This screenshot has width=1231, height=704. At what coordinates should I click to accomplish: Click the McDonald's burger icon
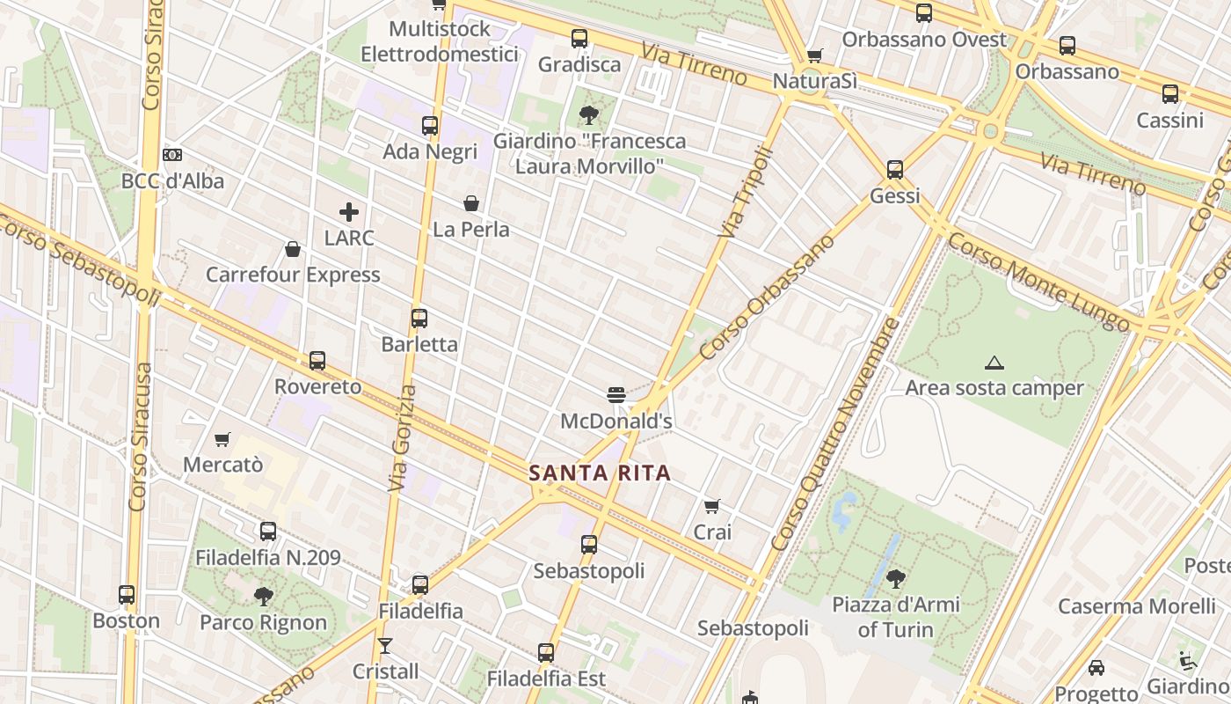(615, 394)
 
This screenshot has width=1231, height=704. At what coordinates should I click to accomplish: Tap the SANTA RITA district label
(600, 473)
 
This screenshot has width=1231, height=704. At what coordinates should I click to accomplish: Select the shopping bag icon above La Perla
(471, 203)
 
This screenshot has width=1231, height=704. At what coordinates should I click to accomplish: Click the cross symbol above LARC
(349, 211)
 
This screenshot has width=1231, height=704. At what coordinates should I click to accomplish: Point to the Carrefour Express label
(293, 275)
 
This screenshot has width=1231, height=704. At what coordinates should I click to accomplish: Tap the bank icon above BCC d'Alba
(172, 155)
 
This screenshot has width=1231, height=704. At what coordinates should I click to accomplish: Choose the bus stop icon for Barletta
(419, 318)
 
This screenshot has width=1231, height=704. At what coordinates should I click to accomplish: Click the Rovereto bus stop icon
(317, 361)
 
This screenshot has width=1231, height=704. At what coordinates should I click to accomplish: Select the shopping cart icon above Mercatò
(222, 438)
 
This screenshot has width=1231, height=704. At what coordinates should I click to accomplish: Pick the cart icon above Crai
(712, 506)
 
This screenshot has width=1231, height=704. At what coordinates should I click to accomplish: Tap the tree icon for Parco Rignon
(263, 597)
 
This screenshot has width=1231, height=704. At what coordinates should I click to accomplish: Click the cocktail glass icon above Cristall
(385, 646)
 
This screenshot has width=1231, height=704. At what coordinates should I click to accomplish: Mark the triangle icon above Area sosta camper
(994, 363)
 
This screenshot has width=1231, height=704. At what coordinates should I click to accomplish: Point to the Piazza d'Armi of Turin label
(896, 617)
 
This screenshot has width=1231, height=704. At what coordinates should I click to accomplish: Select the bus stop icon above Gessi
(895, 169)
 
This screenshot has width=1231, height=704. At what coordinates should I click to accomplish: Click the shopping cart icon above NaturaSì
(815, 55)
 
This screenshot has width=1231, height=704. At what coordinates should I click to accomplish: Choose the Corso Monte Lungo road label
(1038, 281)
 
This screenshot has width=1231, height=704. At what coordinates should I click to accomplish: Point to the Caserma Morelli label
(1137, 605)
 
